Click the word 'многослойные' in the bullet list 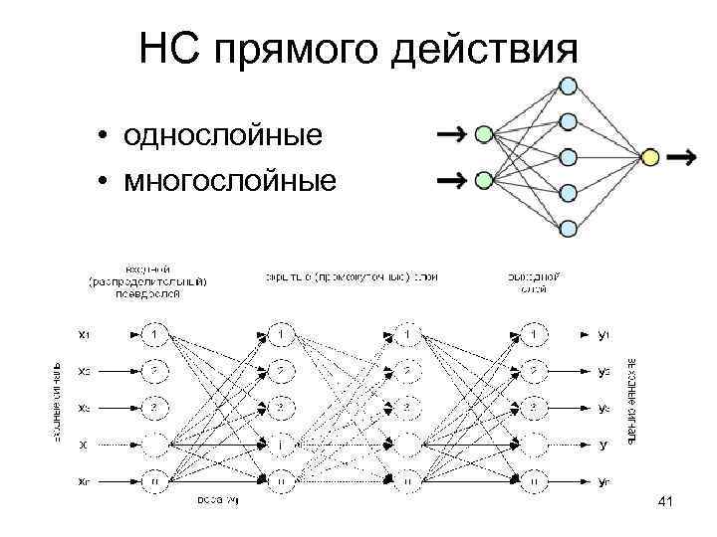click(230, 181)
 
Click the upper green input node click(485, 133)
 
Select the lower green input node click(485, 180)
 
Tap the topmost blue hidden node click(568, 86)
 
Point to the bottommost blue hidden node click(568, 228)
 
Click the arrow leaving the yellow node click(682, 157)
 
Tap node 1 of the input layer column click(156, 333)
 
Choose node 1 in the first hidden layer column click(283, 333)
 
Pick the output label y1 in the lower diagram click(603, 333)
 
